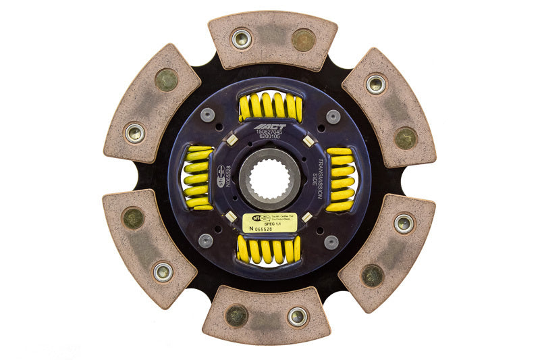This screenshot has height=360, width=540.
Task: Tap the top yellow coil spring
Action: pos(270,107)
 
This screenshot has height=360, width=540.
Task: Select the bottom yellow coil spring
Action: pos(269,250)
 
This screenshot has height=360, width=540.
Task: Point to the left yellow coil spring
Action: pos(198,178)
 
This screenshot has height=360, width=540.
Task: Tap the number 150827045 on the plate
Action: pos(270,134)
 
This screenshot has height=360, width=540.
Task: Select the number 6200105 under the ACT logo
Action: pos(270,140)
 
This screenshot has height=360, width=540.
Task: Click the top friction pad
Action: pos(272,41)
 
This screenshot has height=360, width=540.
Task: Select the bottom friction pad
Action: pos(267,315)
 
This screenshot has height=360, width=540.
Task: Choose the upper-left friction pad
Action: pos(153,103)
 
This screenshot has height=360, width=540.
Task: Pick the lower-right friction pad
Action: pos(387,253)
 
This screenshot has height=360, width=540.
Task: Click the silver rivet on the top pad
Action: pos(242,38)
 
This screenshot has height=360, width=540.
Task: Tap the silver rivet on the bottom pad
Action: pos(298,316)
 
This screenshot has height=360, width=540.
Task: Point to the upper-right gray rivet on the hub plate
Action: pos(332,116)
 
